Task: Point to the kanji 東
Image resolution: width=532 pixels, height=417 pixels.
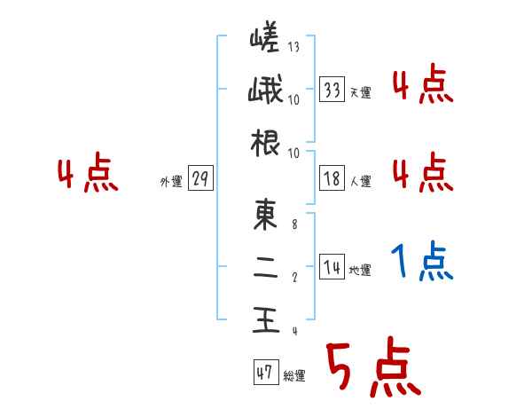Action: click(265, 216)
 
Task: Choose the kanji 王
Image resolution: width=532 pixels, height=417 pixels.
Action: click(265, 319)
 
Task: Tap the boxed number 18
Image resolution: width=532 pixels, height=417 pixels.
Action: click(332, 179)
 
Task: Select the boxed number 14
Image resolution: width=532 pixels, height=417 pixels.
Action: click(332, 267)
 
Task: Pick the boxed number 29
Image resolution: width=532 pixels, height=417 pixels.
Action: click(199, 179)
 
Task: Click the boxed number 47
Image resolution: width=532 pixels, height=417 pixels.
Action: click(264, 373)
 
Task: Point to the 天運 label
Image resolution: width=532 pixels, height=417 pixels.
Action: click(361, 92)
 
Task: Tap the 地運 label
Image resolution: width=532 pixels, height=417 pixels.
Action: click(361, 270)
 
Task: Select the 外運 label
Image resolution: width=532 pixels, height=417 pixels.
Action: click(170, 182)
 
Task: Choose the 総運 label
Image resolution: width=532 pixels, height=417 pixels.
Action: click(293, 376)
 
